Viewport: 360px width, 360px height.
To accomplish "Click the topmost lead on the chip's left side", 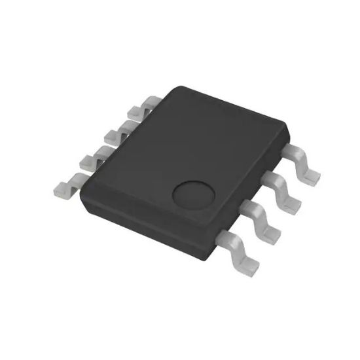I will click(148, 103).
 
